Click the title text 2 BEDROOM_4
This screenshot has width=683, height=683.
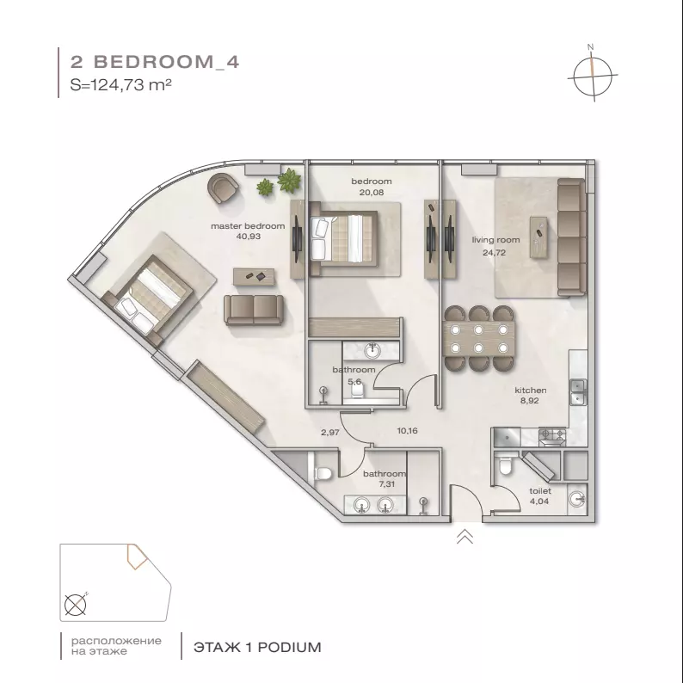point(155,62)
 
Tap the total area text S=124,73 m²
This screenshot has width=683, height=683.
point(120,84)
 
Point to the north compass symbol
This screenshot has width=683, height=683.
point(593,75)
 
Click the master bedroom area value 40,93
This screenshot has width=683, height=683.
point(249,237)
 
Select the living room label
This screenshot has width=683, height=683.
point(495,240)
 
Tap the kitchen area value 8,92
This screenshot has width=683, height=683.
point(530,401)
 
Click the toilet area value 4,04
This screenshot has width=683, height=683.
point(539,501)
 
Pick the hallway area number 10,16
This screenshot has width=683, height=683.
point(407,431)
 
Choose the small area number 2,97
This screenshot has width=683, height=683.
point(330,433)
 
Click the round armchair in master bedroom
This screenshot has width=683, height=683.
point(223,188)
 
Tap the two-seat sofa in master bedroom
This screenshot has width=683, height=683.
point(254,310)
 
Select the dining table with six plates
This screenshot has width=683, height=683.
point(479,339)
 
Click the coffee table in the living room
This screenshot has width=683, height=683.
point(538,237)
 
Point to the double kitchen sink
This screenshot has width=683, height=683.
point(578,392)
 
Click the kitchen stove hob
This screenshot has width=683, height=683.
point(552,434)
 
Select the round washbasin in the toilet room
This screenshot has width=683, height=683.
point(577,499)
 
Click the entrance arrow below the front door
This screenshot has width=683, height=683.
point(465,537)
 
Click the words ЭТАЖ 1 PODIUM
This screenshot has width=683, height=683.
point(257,647)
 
